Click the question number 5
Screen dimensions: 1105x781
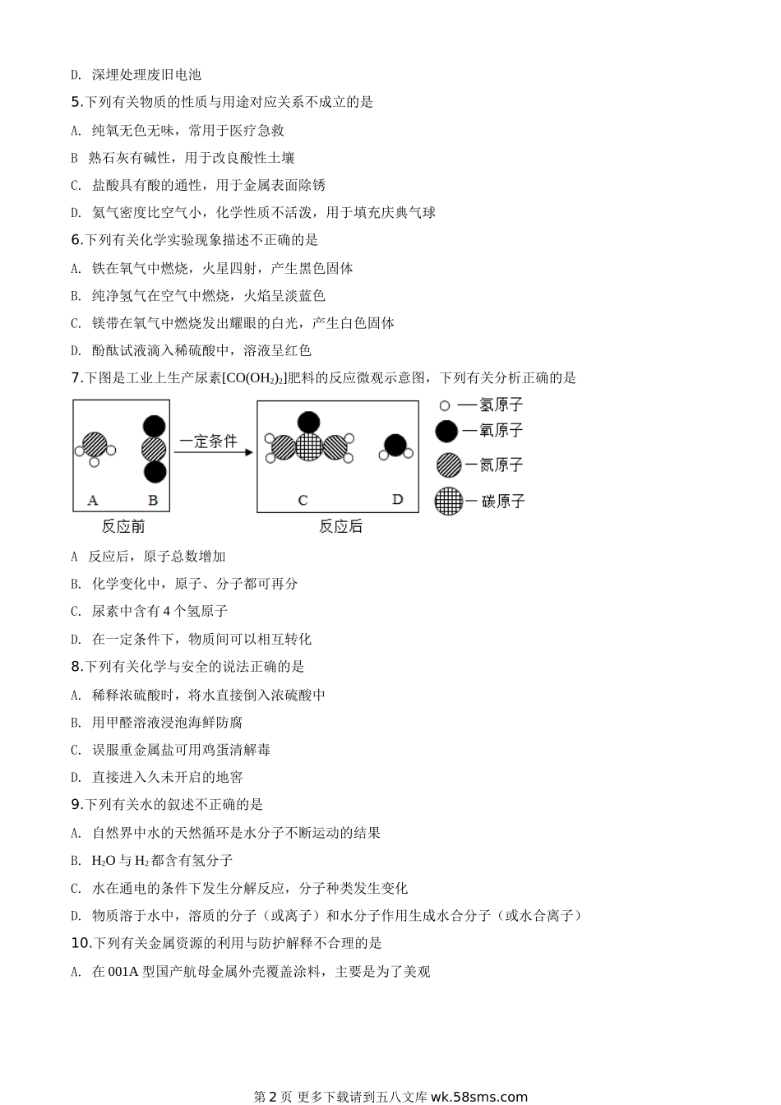tap(76, 102)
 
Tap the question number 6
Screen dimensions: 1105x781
tap(76, 240)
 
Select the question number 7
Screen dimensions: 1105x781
tap(76, 378)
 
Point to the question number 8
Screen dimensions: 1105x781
tap(76, 667)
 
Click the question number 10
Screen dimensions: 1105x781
tap(80, 943)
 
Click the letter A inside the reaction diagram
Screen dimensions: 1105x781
tap(93, 500)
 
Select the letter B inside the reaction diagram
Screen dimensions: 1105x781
tap(153, 500)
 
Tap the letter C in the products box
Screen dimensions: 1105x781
tap(303, 500)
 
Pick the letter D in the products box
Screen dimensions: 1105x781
tap(398, 499)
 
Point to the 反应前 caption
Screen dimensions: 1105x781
tap(123, 526)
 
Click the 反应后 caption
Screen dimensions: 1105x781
tap(340, 526)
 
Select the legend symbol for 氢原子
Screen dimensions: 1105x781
tap(445, 405)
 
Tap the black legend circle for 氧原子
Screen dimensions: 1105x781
tap(446, 430)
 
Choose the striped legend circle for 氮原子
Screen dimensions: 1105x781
tap(448, 465)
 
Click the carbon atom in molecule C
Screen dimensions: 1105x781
tap(309, 446)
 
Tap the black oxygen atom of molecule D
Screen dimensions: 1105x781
tap(395, 445)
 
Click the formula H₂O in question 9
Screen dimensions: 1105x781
tap(104, 860)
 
